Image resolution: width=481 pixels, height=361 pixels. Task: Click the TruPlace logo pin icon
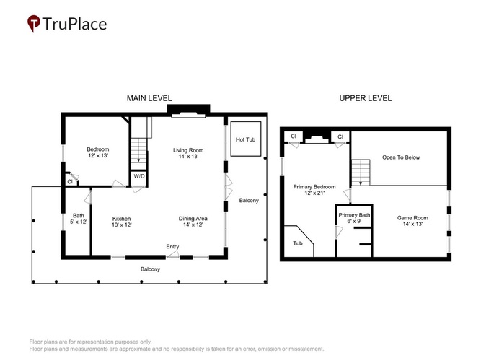34,23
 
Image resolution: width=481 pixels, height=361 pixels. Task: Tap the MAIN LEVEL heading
149,98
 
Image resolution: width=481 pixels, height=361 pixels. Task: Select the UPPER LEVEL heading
366,98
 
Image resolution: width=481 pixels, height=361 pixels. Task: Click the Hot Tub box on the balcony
246,139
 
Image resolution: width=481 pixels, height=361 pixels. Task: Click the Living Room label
188,153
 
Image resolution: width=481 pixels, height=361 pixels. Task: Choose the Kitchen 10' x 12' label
121,222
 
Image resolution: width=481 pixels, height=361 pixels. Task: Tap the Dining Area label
193,222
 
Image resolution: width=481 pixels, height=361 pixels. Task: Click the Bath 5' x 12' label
79,219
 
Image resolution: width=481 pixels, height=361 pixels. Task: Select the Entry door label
172,246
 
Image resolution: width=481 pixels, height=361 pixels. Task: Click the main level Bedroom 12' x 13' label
98,152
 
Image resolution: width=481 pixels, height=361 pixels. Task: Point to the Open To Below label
401,157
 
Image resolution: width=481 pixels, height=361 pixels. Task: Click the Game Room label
412,221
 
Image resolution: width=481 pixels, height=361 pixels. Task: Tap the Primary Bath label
354,218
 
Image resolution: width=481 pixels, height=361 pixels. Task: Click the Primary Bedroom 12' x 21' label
314,190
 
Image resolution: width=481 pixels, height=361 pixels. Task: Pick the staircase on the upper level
361,173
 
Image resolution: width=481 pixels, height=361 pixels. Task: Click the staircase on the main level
139,151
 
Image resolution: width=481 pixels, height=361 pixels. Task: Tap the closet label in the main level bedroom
70,181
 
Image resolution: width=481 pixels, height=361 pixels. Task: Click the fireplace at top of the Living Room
188,111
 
